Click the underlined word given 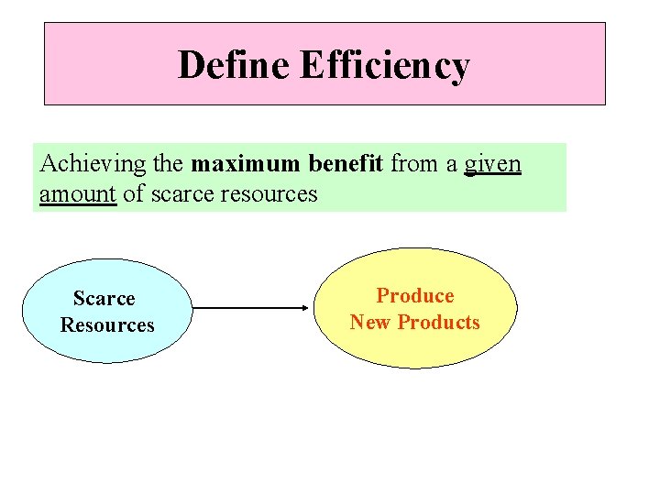492,165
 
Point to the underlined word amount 78,193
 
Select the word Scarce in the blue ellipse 104,298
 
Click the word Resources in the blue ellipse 107,324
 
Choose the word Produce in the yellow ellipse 415,295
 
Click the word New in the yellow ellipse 369,322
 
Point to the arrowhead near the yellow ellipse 307,309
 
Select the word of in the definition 132,193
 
